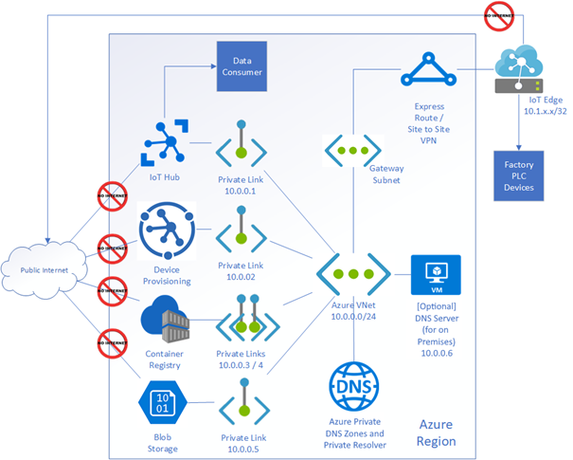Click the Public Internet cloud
pos(45,271)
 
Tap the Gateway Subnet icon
pos(354,150)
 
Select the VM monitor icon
pos(437,274)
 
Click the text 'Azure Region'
pos(437,434)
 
